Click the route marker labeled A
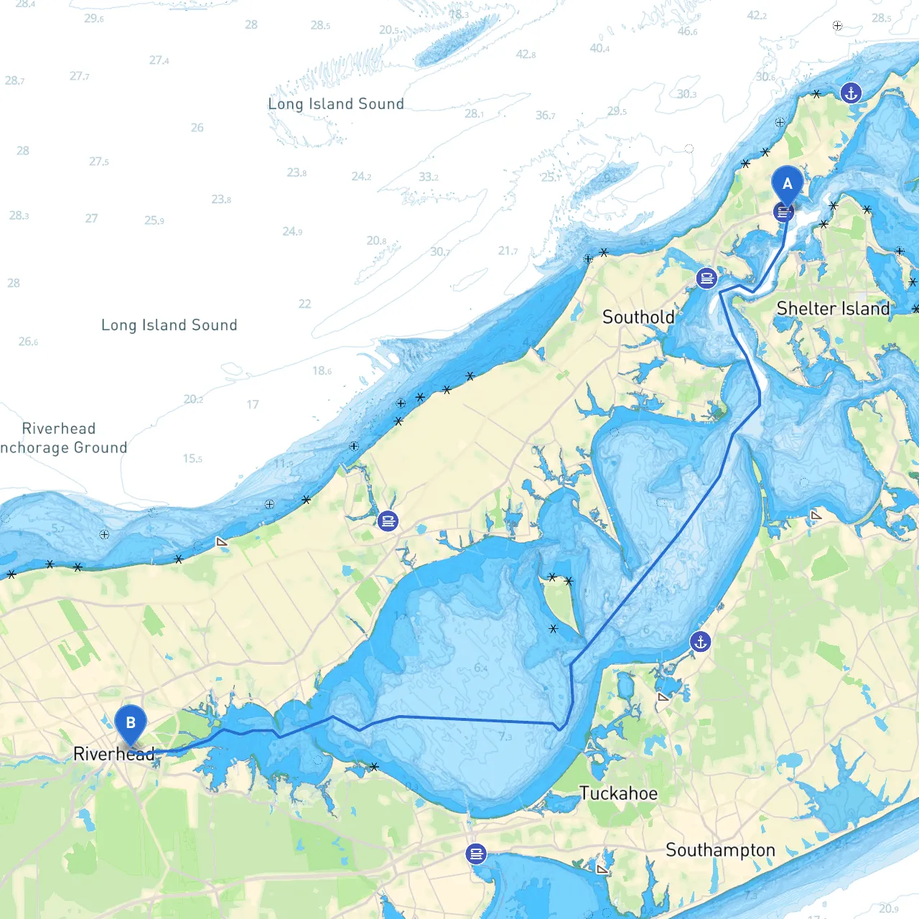[x=787, y=185]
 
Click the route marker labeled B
[x=131, y=724]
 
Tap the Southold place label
[x=638, y=317]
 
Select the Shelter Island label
[x=833, y=309]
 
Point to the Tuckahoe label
[x=618, y=793]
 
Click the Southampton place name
[x=720, y=850]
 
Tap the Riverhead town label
[x=114, y=754]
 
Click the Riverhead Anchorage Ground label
[x=63, y=438]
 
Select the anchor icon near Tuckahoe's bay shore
[x=700, y=642]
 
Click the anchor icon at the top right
[x=851, y=93]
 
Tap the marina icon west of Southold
[x=388, y=521]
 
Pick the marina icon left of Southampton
[x=476, y=854]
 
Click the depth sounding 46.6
[x=687, y=32]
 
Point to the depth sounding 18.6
[x=322, y=371]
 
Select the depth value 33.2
[x=429, y=177]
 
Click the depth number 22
[x=304, y=304]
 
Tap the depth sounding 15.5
[x=192, y=459]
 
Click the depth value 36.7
[x=545, y=116]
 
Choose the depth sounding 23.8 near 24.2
[x=297, y=173]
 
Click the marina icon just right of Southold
[x=706, y=278]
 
